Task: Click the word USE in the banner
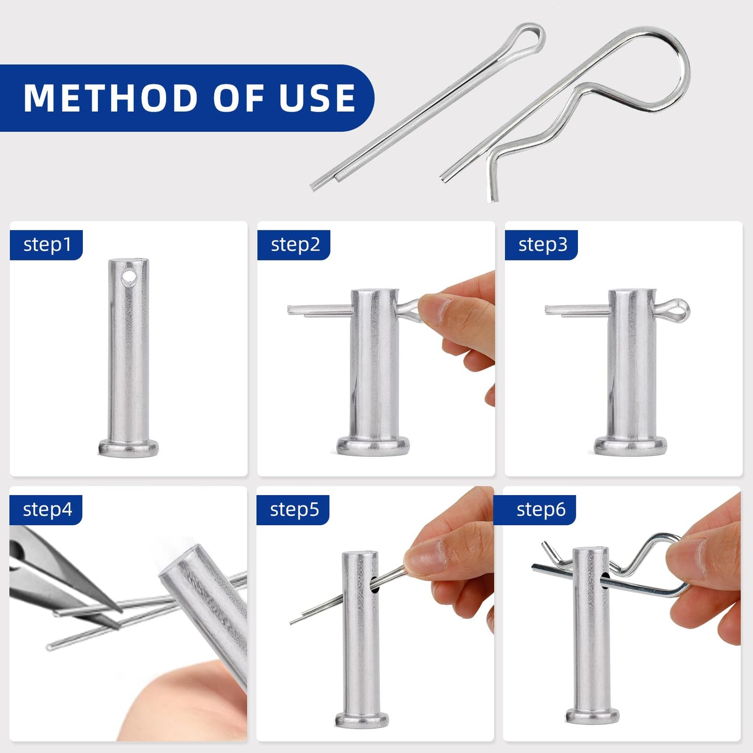pos(317,98)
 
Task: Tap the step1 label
pos(47,244)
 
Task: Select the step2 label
pos(295,244)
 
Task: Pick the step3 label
pos(542,244)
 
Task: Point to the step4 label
pos(47,509)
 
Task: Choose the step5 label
pos(294,509)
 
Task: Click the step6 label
pos(540,509)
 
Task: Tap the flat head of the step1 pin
pos(128,448)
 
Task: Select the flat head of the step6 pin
pos(592,715)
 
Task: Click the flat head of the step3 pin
pos(631,446)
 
